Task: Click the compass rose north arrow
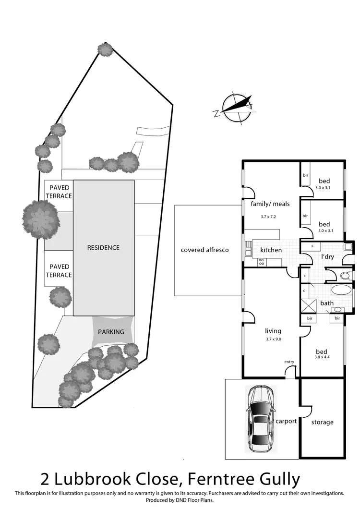click(236, 108)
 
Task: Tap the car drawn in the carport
click(260, 418)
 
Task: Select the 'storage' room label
click(322, 422)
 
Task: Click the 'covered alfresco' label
click(204, 250)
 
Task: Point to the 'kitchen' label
click(271, 250)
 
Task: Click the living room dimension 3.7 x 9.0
click(273, 339)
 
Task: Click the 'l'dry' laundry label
click(327, 256)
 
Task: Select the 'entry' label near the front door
click(289, 362)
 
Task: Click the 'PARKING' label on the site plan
click(111, 332)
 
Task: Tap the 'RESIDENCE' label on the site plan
click(103, 248)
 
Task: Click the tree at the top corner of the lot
click(105, 49)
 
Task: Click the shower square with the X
click(307, 306)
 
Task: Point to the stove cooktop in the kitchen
click(262, 262)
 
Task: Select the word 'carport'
click(286, 421)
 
